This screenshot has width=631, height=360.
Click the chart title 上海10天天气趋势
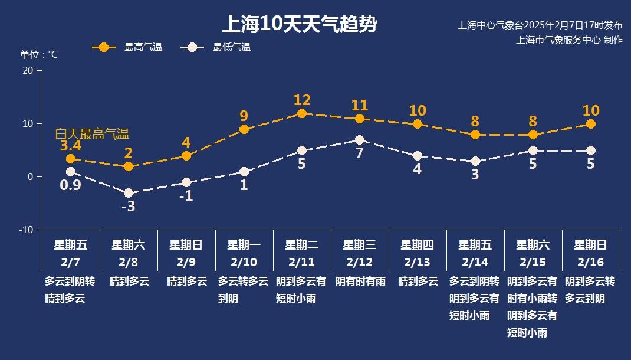pos(299,25)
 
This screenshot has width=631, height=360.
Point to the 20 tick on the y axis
pos(27,70)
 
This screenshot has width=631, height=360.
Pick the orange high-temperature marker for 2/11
pos(302,113)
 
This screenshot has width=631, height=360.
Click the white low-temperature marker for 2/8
pos(129,193)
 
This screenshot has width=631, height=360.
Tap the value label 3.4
pos(71,145)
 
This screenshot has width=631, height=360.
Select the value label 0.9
pos(70,185)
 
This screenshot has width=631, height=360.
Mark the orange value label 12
pos(302,100)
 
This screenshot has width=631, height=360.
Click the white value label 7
pos(360,153)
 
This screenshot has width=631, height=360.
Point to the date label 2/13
pos(418,262)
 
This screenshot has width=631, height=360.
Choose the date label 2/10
pos(244,262)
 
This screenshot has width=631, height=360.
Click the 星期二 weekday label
pos(302,245)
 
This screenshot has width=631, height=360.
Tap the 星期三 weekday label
pos(360,245)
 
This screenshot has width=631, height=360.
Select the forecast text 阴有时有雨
pos(360,282)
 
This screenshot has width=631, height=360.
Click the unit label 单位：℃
pos(39,55)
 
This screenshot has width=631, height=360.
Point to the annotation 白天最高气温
pos(92,134)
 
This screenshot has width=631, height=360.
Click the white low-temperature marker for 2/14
pos(475,161)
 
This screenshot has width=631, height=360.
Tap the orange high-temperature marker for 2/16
pos(591,124)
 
